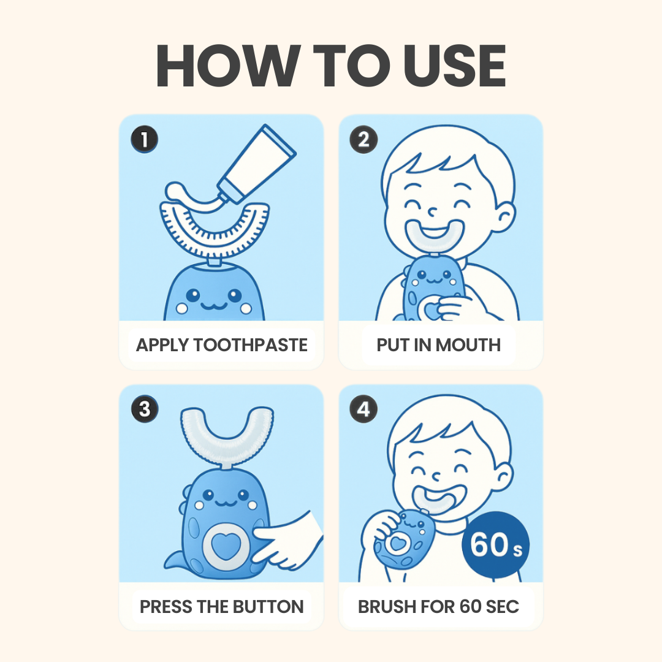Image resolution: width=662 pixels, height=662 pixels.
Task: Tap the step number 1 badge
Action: [144, 140]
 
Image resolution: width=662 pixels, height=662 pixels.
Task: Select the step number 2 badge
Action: [363, 140]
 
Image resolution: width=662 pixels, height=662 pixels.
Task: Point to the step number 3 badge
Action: [144, 409]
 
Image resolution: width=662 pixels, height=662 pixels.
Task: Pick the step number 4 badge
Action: [363, 409]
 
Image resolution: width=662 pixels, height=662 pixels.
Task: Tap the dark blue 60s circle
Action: [495, 545]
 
